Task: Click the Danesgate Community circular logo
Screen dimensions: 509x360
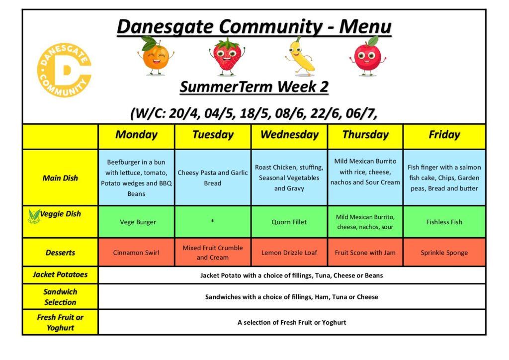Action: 64,70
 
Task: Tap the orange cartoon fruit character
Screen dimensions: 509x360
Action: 156,56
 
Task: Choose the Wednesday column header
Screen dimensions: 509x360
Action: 289,135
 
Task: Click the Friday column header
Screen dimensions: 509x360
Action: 444,135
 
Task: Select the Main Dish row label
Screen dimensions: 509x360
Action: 60,178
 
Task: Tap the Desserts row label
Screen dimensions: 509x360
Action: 60,253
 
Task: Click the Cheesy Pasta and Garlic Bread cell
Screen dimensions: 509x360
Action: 213,178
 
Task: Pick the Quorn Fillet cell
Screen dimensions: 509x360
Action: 289,222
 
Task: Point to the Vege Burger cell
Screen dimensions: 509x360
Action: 136,222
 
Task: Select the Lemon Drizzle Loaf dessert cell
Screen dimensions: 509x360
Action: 289,253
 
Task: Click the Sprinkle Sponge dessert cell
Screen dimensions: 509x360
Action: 444,253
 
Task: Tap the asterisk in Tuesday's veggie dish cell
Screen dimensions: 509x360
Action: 212,221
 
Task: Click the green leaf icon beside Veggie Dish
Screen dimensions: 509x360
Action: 34,216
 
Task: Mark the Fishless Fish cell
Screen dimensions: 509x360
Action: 444,222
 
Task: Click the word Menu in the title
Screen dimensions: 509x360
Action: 365,27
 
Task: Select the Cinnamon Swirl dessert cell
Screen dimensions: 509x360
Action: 136,253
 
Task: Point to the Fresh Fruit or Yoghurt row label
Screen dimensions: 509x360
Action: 60,322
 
